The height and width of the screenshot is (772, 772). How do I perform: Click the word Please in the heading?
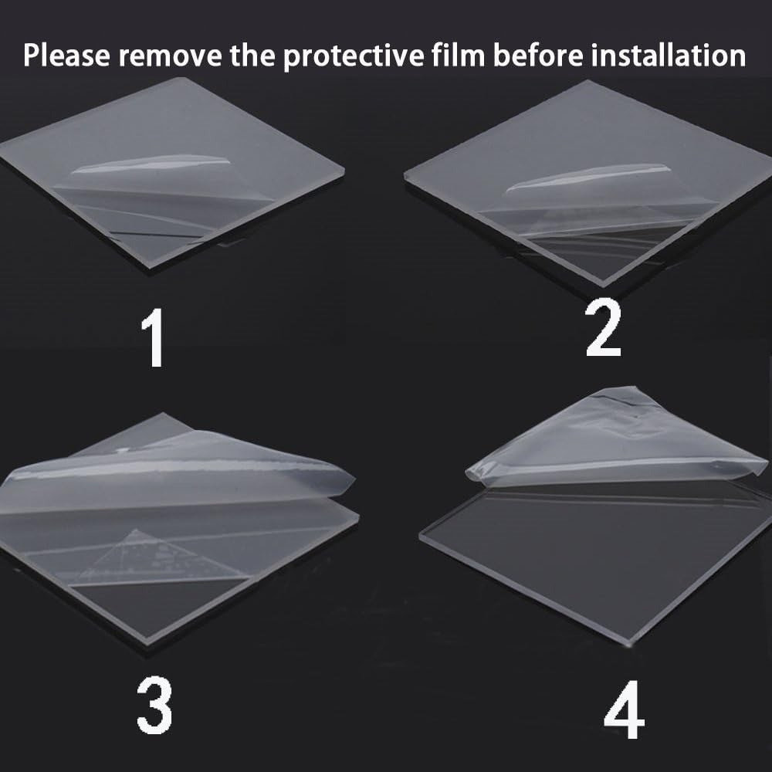click(x=66, y=55)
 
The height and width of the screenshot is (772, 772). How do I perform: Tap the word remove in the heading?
click(x=170, y=56)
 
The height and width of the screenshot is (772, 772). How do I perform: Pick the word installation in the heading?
click(x=669, y=55)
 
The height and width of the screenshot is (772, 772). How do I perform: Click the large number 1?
click(x=154, y=338)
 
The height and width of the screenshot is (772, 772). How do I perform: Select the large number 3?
click(x=154, y=705)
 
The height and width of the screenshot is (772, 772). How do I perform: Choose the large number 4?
click(x=625, y=709)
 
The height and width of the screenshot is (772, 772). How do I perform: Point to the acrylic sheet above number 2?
click(x=588, y=182)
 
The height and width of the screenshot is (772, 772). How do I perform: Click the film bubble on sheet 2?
click(x=588, y=178)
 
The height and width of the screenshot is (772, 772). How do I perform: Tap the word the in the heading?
click(x=252, y=55)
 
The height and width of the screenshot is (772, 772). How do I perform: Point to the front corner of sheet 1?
click(x=149, y=268)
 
